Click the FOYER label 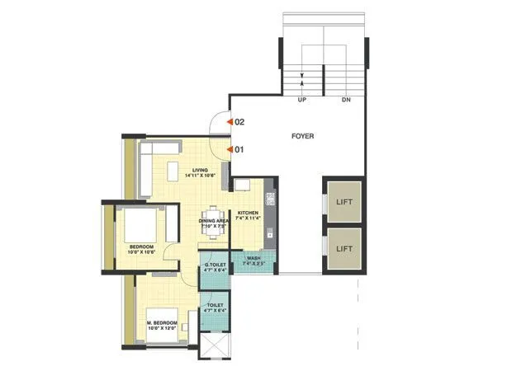(x=303, y=135)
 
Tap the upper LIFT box (x=344, y=200)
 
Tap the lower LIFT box (x=344, y=247)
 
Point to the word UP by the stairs (x=303, y=100)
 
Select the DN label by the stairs (x=345, y=100)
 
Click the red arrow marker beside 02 (x=230, y=121)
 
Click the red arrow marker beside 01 (x=230, y=150)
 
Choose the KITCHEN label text (x=248, y=214)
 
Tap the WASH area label (x=254, y=258)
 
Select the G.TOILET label (x=215, y=265)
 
